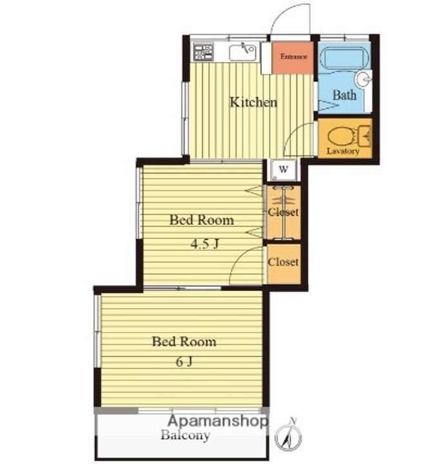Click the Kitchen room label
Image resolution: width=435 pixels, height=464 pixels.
tap(254, 102)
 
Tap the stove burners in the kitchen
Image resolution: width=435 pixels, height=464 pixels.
tap(203, 52)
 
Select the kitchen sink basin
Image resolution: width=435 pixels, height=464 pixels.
tap(242, 52)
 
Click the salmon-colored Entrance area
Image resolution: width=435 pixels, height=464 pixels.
tap(293, 57)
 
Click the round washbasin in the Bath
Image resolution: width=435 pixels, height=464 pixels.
tap(363, 79)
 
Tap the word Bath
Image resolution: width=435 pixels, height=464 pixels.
tap(344, 95)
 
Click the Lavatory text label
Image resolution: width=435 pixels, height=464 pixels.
tap(343, 151)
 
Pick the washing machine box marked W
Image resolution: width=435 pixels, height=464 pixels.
tap(283, 169)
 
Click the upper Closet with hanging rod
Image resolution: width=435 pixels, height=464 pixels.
tap(284, 213)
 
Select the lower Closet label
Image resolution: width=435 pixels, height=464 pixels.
tap(283, 262)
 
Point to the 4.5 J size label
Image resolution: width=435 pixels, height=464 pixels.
tap(205, 244)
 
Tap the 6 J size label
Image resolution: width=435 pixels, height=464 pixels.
tap(184, 362)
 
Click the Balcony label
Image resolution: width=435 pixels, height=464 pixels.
tap(186, 435)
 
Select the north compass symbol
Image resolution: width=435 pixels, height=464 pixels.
tap(288, 434)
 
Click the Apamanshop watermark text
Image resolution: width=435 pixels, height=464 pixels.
tap(218, 421)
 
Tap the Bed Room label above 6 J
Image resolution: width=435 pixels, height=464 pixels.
tap(184, 342)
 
